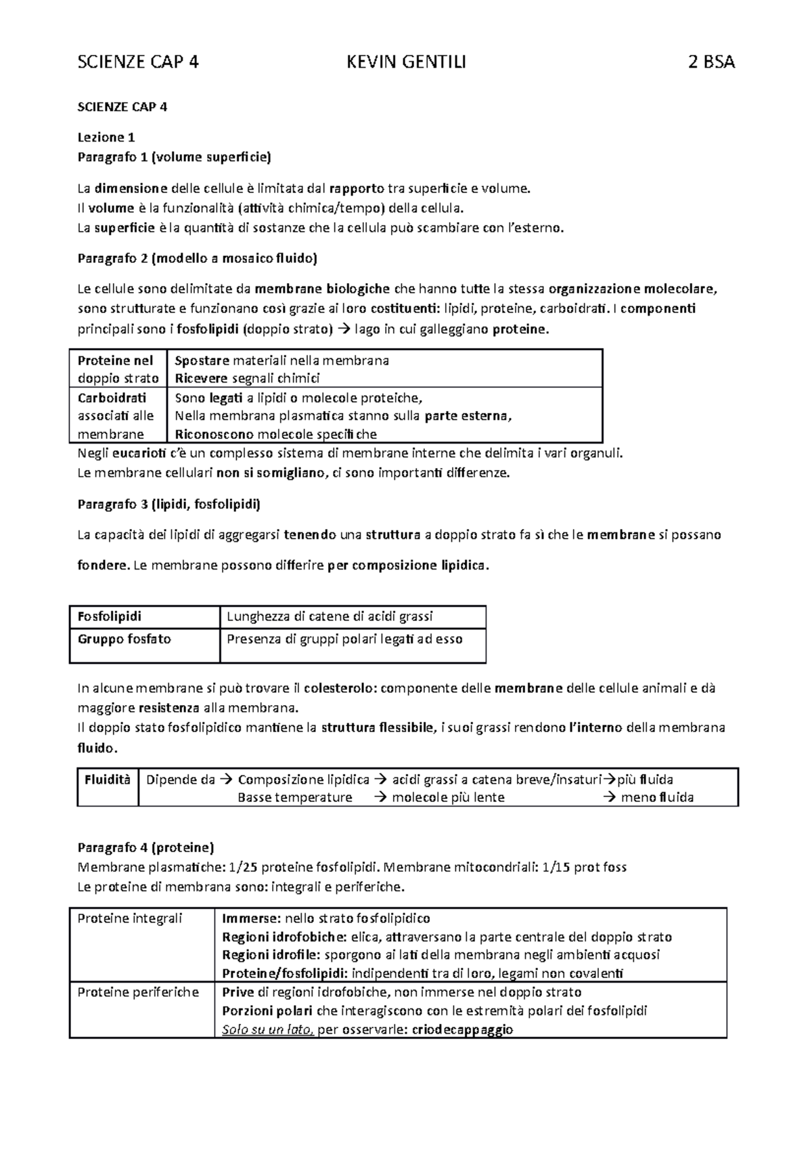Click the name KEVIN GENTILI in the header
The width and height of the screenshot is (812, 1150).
point(406,63)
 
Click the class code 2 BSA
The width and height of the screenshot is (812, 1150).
point(710,63)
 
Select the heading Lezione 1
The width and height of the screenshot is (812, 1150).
point(101,137)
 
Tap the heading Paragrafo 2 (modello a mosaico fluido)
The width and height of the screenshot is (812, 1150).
point(198,258)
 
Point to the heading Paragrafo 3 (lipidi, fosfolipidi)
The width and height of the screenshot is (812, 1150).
point(169,505)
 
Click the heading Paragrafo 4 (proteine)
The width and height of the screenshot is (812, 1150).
point(145,847)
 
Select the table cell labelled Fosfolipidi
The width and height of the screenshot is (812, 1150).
point(110,616)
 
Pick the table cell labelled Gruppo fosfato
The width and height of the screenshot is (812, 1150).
point(125,639)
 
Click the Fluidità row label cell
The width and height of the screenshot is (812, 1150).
point(107,780)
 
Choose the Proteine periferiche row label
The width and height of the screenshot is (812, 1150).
point(138,992)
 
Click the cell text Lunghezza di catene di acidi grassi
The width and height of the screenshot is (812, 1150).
point(330,616)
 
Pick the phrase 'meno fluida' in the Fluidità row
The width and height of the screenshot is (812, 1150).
point(657,798)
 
